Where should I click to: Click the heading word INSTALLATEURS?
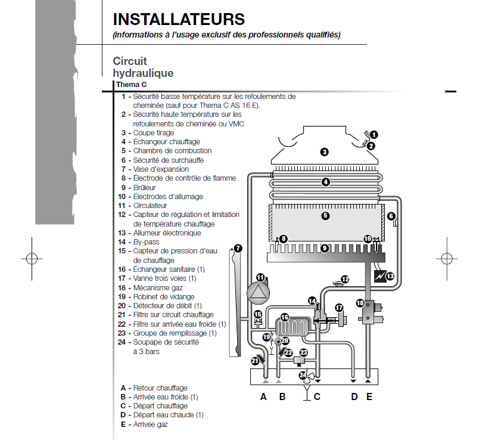pos(178,20)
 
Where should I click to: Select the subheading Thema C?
pos(131,85)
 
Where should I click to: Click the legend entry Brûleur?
pos(145,187)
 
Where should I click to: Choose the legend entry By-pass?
pos(146,242)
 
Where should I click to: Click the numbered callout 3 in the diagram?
pos(324,152)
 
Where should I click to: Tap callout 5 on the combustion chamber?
pos(325,216)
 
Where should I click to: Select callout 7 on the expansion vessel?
pos(238,248)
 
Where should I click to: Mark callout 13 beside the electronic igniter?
pos(390,276)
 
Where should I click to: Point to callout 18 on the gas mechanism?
pos(360,303)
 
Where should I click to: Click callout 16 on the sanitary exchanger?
pos(285,317)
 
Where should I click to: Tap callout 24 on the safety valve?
pos(303,376)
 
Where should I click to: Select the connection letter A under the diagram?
pos(263,396)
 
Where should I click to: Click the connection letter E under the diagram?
pos(369,396)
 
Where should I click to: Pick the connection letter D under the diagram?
pos(354,396)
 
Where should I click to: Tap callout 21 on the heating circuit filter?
pos(255,361)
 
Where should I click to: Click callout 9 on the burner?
pos(324,247)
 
